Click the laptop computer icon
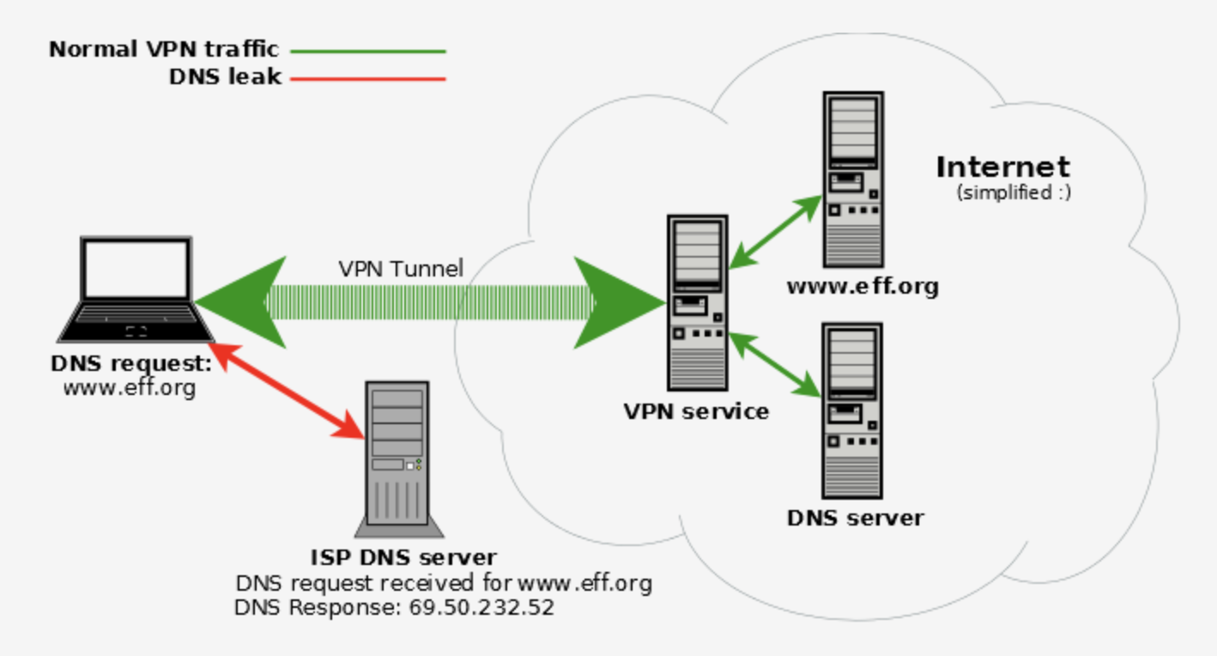click(136, 289)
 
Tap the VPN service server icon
click(697, 302)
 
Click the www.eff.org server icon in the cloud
click(852, 181)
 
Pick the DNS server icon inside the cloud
click(852, 410)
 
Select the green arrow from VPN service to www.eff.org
click(776, 229)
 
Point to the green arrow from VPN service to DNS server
click(774, 365)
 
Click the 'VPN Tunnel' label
click(401, 269)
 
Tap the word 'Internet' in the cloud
click(1002, 167)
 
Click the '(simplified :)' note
click(1014, 192)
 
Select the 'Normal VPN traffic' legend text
click(164, 50)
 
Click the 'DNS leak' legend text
click(225, 77)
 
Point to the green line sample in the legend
click(368, 51)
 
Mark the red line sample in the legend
click(368, 79)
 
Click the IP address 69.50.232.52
click(481, 608)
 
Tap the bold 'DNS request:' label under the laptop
click(131, 363)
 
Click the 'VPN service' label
click(696, 411)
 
